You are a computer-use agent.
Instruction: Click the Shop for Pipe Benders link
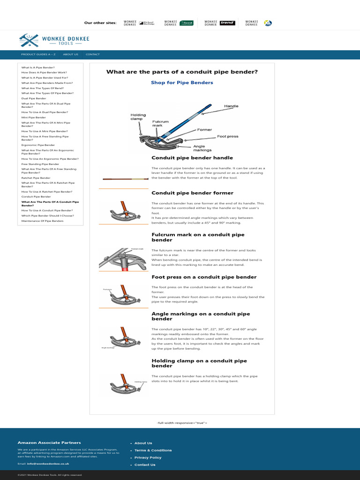point(182,82)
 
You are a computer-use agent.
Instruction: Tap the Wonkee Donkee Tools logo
point(54,40)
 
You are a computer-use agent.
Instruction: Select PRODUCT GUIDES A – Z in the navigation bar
point(38,54)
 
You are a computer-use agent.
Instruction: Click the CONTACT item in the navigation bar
point(92,54)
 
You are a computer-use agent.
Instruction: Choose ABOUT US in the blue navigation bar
point(71,54)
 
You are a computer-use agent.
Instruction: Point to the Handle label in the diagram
point(231,106)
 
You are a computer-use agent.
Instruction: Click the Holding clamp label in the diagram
point(138,117)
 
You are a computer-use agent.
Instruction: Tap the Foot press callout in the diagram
point(227,136)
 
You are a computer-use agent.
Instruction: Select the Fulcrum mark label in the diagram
point(160,124)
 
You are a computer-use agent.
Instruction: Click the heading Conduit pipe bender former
point(192,193)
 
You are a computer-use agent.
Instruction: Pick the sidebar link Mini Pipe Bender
point(33,118)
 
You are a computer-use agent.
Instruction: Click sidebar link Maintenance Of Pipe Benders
point(42,221)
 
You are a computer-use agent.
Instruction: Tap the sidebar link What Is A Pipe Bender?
point(37,67)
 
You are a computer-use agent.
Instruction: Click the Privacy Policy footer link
point(148,457)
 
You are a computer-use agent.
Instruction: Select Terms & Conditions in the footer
point(153,450)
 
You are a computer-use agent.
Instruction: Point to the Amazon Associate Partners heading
point(49,442)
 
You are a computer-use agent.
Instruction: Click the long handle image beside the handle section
point(123,179)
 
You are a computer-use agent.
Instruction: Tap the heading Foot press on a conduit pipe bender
point(204,277)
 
